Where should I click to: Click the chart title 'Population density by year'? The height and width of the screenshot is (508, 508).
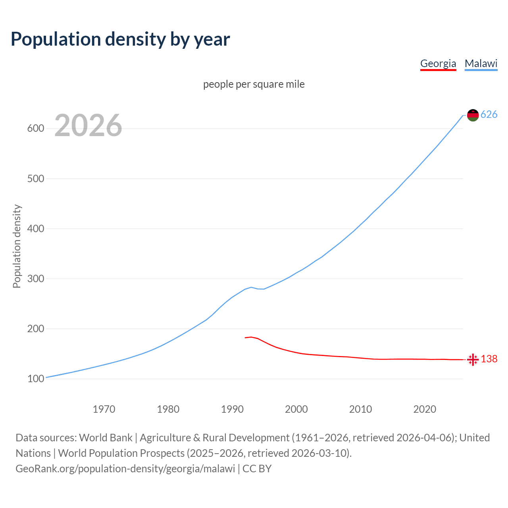(120, 39)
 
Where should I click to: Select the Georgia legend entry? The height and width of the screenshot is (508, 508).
(438, 63)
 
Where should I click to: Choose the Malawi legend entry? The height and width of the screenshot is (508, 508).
(481, 63)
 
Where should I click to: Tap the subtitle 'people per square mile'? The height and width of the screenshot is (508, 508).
(254, 84)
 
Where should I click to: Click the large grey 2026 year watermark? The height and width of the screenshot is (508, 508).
(88, 125)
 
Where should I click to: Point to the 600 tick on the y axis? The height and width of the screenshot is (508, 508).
(35, 129)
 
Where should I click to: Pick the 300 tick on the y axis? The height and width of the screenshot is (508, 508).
(35, 279)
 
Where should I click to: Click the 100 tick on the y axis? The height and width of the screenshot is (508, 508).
(35, 379)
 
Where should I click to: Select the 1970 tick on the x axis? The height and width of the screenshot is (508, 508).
(104, 409)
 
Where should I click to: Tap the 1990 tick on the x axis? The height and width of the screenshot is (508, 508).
(232, 409)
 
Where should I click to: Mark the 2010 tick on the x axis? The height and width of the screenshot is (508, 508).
(360, 409)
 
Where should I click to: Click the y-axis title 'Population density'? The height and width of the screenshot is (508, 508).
(17, 246)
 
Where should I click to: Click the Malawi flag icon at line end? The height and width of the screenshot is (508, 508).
(473, 115)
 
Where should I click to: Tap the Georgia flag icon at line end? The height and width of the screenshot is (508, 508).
(473, 360)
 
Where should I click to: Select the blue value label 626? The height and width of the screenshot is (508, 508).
(489, 115)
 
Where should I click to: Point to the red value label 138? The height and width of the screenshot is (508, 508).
(489, 359)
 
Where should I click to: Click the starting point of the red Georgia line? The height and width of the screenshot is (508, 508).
(245, 338)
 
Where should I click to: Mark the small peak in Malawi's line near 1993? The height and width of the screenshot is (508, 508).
(251, 287)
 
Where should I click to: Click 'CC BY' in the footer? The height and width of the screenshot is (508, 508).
(257, 469)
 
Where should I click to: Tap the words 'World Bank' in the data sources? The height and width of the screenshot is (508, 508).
(106, 438)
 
